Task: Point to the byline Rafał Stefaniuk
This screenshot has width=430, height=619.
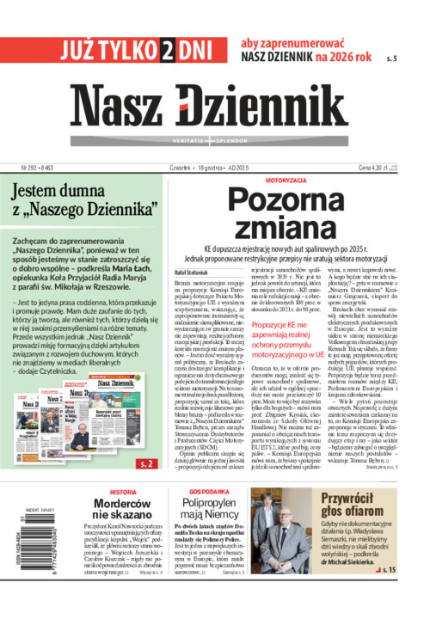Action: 192,274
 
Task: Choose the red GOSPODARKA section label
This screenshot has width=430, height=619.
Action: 197,493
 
